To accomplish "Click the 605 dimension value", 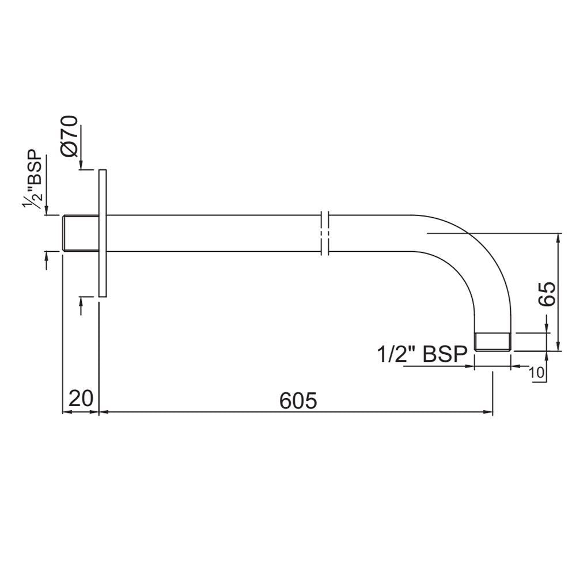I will (x=298, y=400).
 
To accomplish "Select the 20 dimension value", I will (x=81, y=398).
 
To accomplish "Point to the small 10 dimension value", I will (x=537, y=373).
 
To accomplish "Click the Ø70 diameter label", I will (x=70, y=136).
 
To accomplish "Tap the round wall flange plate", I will (x=103, y=233).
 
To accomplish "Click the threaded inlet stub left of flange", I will (x=80, y=233).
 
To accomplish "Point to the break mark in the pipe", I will (x=324, y=233).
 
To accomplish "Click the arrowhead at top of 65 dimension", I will (x=558, y=237).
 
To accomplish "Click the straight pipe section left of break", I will (x=213, y=233).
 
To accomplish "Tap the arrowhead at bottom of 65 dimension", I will (x=558, y=346).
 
